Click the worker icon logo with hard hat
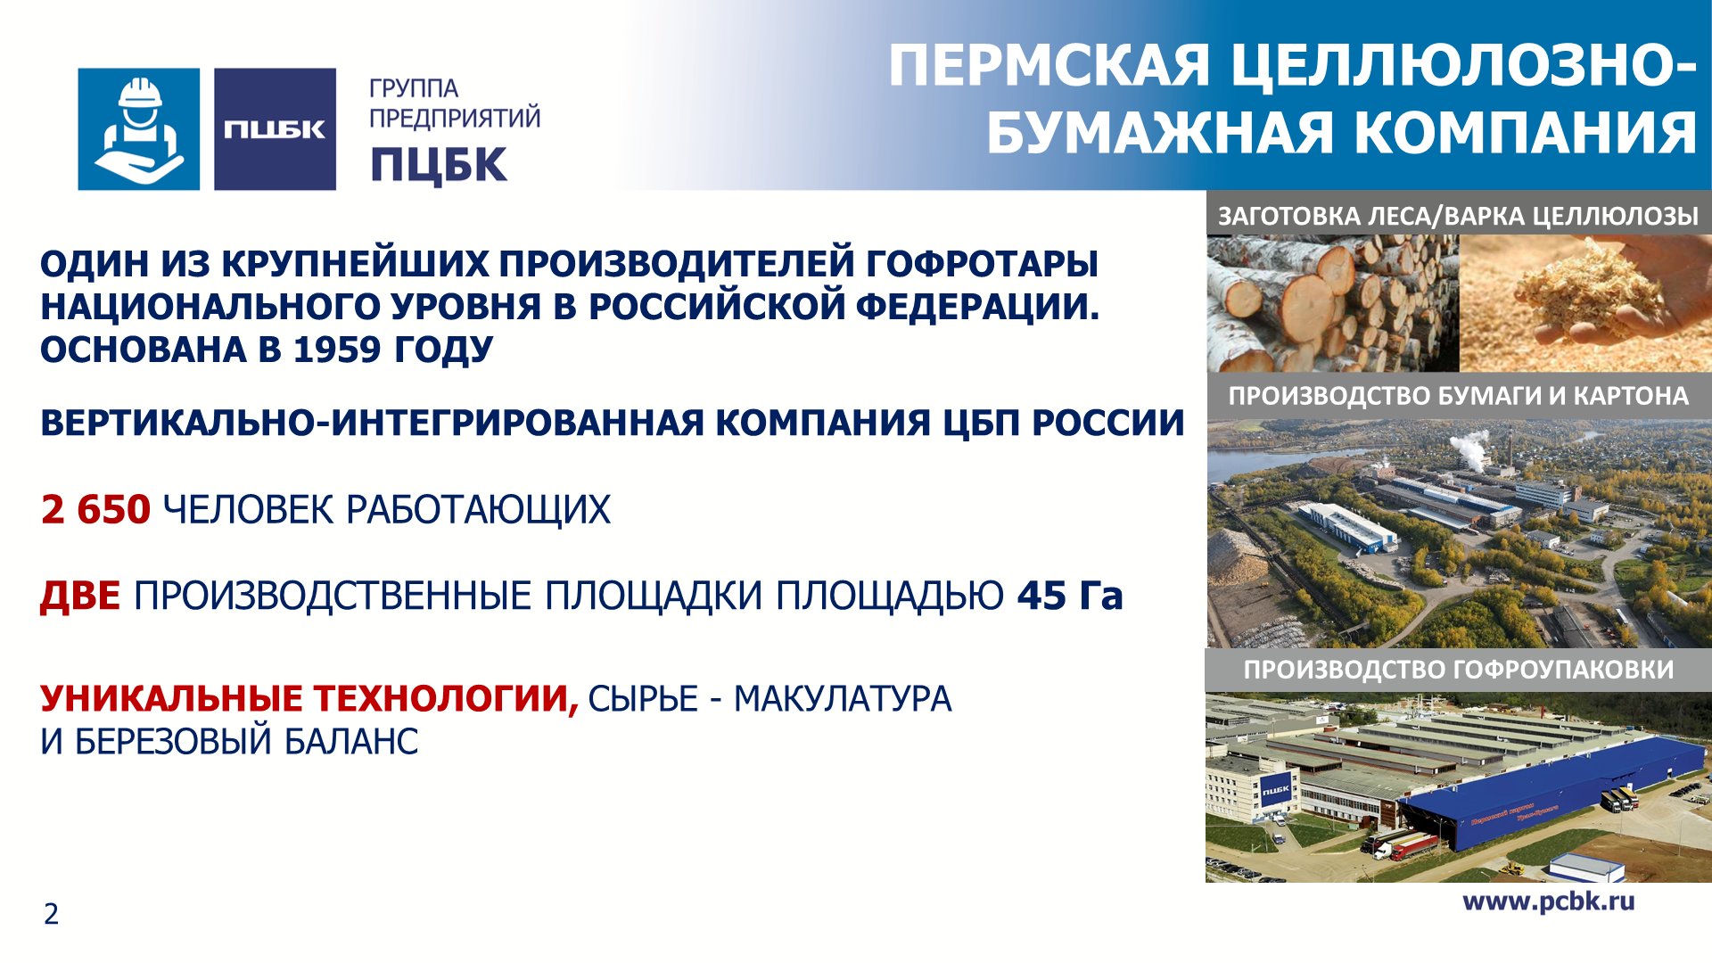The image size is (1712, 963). point(139,129)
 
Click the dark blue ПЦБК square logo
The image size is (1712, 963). point(275,129)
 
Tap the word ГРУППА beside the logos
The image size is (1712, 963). point(414,89)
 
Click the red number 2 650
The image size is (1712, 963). point(96,509)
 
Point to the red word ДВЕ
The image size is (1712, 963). point(80,596)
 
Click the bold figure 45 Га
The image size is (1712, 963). point(1070,596)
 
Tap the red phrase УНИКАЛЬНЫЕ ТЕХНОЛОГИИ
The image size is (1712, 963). point(309,698)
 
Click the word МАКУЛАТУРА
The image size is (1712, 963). point(843,699)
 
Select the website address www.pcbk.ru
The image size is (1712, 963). point(1549,901)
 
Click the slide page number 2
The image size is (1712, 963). point(52,914)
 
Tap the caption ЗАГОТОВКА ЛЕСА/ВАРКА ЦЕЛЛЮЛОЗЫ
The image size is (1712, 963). point(1459,216)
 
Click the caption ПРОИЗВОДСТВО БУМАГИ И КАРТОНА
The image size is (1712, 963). point(1459,396)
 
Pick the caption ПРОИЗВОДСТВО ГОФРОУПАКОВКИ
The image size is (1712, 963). point(1459,670)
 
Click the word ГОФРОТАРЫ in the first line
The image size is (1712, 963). point(982,264)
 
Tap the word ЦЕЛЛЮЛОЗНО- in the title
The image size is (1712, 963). point(1463,66)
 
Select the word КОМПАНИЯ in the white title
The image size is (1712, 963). point(1525,133)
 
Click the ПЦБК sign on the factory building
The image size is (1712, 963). point(1276,790)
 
